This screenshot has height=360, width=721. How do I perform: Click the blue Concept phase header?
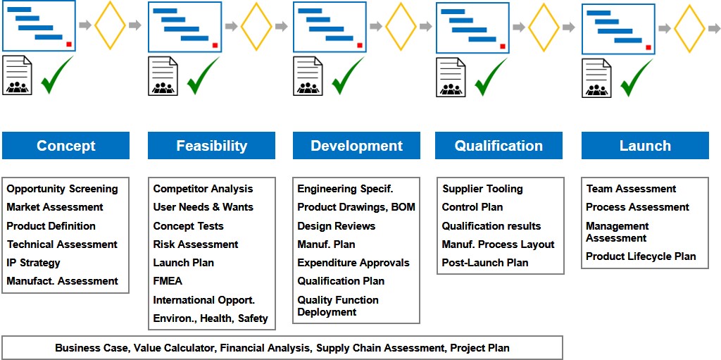click(x=65, y=145)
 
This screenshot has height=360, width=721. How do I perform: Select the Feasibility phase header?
click(x=211, y=145)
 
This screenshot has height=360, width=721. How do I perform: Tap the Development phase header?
click(x=356, y=145)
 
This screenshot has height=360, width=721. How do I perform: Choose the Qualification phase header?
click(x=499, y=145)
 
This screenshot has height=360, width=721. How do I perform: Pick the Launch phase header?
click(x=645, y=145)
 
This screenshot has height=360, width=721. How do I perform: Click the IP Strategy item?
click(x=34, y=263)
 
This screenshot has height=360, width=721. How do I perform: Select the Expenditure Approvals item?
click(x=353, y=263)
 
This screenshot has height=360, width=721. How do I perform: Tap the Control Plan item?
click(x=472, y=207)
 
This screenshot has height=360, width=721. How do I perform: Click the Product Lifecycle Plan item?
click(x=641, y=256)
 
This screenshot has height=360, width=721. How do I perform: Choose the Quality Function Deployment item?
click(x=338, y=306)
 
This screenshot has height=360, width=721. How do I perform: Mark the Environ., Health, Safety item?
click(x=211, y=318)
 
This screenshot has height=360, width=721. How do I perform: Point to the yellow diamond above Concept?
click(x=110, y=25)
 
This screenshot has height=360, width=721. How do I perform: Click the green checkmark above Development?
click(x=348, y=75)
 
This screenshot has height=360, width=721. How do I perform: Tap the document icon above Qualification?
click(x=450, y=77)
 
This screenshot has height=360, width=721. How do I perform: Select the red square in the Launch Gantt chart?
click(x=648, y=47)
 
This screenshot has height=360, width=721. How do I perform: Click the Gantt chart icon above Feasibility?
click(x=185, y=27)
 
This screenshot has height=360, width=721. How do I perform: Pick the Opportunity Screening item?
click(x=63, y=189)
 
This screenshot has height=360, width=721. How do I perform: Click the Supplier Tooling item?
click(x=483, y=189)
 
